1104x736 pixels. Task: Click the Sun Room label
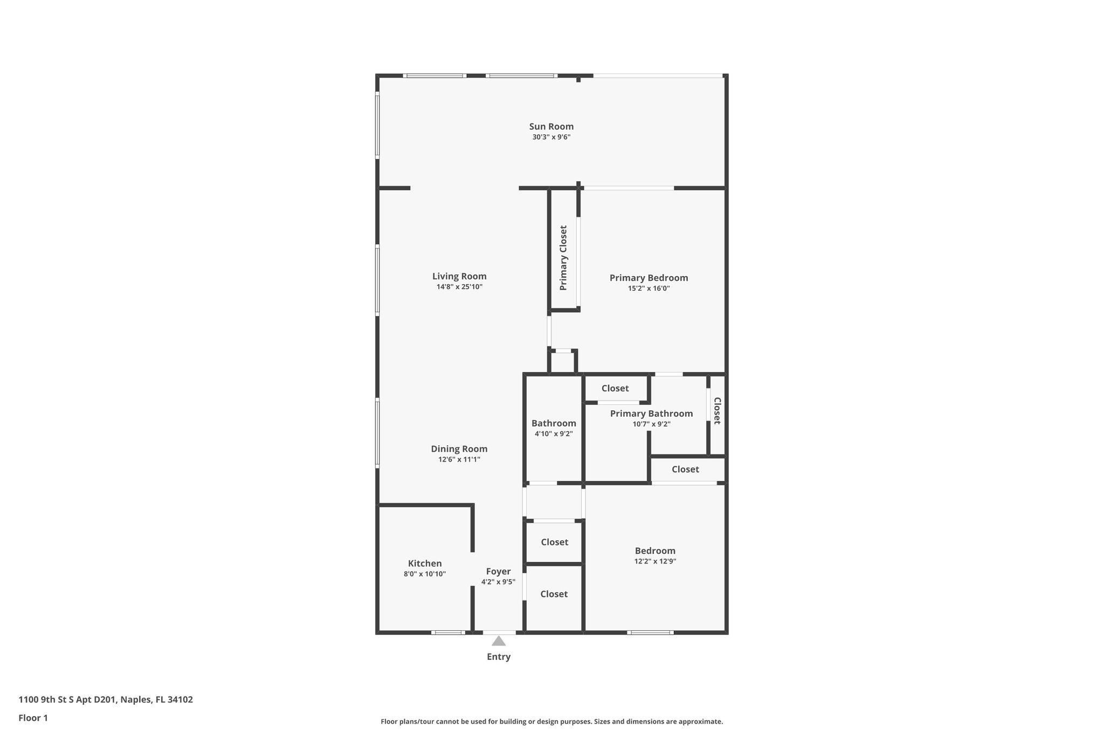pyautogui.click(x=551, y=127)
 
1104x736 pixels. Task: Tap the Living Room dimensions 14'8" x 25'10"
pyautogui.click(x=459, y=287)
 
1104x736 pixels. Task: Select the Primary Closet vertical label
pyautogui.click(x=563, y=258)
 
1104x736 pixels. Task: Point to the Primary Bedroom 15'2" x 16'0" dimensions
pyautogui.click(x=648, y=288)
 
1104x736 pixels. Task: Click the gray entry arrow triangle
pyautogui.click(x=499, y=641)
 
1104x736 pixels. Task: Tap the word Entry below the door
pyautogui.click(x=499, y=657)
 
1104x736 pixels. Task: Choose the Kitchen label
pyautogui.click(x=425, y=563)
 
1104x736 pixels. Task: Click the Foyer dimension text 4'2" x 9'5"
pyautogui.click(x=498, y=582)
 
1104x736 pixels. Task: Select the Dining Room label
pyautogui.click(x=459, y=449)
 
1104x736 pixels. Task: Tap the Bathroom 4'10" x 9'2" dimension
pyautogui.click(x=554, y=434)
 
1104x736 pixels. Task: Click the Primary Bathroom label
pyautogui.click(x=651, y=414)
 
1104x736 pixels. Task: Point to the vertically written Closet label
pyautogui.click(x=717, y=411)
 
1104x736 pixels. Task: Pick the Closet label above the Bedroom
pyautogui.click(x=685, y=470)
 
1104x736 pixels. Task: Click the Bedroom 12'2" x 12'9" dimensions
pyautogui.click(x=655, y=561)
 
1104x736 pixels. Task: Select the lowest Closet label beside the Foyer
pyautogui.click(x=554, y=594)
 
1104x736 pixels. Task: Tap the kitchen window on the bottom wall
pyautogui.click(x=448, y=632)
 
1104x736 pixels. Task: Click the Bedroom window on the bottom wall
pyautogui.click(x=650, y=632)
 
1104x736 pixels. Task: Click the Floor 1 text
pyautogui.click(x=33, y=718)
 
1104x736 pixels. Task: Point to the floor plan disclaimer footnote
pyautogui.click(x=551, y=721)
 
